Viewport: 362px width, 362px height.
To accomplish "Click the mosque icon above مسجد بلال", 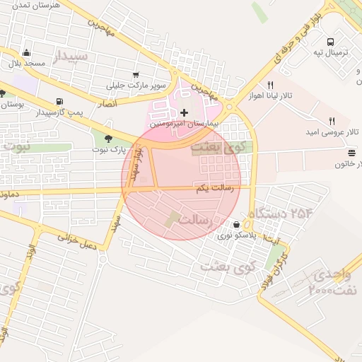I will point(27,52).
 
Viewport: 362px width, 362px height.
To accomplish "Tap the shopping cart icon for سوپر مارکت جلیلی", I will point(135,74).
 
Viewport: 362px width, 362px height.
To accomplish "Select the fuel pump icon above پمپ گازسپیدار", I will point(59,101).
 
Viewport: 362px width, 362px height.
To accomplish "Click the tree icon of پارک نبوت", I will point(108,139).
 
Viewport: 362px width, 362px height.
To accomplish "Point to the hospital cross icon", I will point(185,112).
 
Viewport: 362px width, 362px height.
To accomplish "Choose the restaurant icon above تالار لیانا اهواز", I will point(269,85).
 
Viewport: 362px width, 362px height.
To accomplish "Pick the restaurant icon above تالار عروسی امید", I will point(332,121).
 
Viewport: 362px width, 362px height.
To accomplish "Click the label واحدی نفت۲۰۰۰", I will point(336,281).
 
